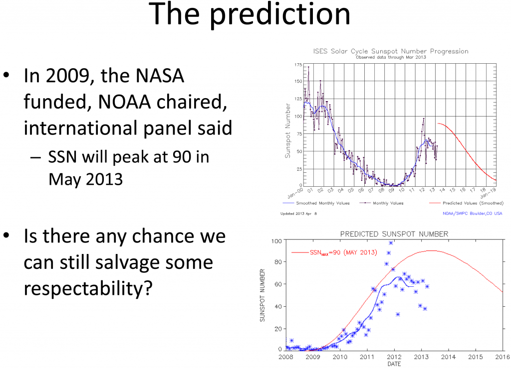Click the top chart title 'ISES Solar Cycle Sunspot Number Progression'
(x=390, y=51)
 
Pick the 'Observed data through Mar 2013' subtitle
(x=390, y=57)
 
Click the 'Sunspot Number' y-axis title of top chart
(x=287, y=130)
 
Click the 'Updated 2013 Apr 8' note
(x=298, y=213)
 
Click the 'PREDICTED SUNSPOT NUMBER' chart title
(x=394, y=234)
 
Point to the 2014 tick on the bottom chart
(x=448, y=357)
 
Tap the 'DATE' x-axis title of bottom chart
(x=394, y=364)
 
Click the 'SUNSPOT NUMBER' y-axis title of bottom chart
(x=262, y=296)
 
